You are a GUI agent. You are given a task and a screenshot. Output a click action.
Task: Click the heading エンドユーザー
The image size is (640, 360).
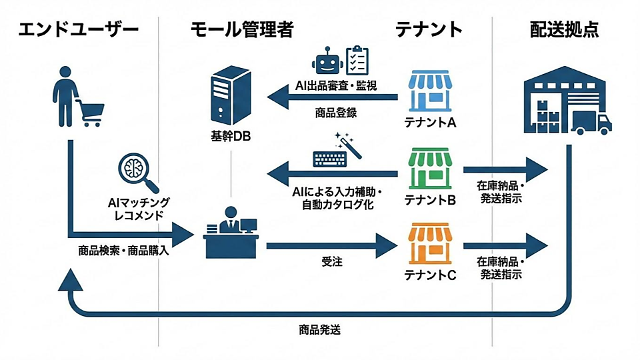click(x=78, y=29)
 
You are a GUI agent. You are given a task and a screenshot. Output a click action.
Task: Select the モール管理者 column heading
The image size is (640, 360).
click(x=241, y=29)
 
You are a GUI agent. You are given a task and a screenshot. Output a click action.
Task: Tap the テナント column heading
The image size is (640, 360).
click(x=429, y=29)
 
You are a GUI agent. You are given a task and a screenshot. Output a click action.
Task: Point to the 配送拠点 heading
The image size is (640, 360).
click(x=564, y=29)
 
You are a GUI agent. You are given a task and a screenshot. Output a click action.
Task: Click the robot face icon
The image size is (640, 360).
click(x=327, y=62)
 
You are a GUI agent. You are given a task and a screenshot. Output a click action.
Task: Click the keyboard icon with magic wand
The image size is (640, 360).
click(x=337, y=153)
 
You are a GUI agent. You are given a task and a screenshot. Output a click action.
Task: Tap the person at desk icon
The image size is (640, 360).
click(x=231, y=233)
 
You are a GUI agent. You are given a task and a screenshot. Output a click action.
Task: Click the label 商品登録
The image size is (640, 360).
click(x=336, y=113)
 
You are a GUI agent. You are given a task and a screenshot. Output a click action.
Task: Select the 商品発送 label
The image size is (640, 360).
click(x=321, y=329)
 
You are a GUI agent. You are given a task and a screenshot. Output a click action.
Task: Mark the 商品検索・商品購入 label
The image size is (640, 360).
click(x=123, y=252)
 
